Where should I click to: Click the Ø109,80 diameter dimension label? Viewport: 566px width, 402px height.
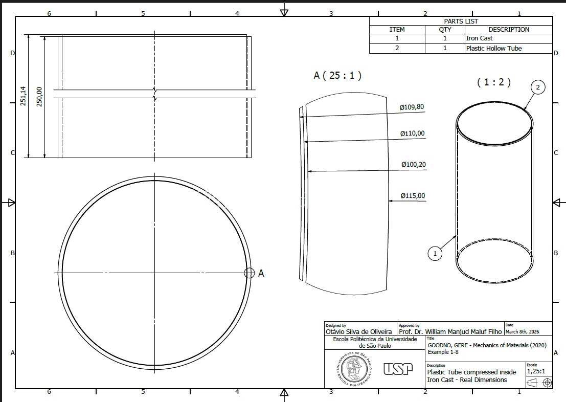click(412, 107)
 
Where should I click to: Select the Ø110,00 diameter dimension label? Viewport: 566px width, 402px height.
click(412, 133)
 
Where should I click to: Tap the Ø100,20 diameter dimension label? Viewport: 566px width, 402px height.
click(414, 164)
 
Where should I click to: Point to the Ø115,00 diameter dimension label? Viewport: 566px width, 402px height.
click(413, 195)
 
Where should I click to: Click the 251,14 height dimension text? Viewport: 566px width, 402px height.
click(24, 96)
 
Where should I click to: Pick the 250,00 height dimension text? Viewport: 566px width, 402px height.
click(39, 97)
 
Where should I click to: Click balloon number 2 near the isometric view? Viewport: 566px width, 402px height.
click(538, 87)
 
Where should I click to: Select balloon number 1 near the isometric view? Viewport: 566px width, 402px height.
click(435, 253)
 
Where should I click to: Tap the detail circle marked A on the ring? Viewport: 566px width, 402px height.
click(250, 273)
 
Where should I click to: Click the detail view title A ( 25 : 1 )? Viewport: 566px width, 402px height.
click(337, 75)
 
